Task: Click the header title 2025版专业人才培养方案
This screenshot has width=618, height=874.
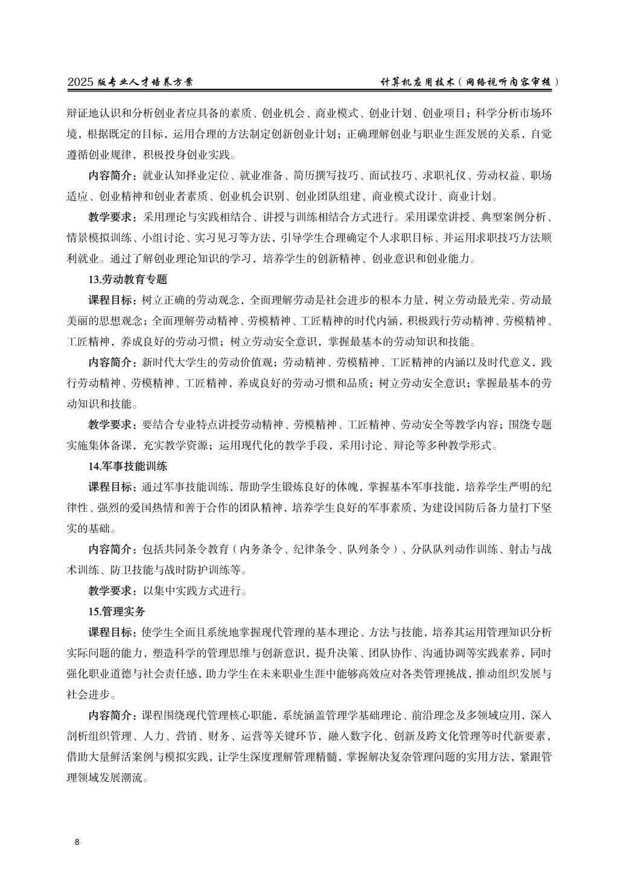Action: click(130, 82)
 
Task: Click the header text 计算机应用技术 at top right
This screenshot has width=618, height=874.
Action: click(415, 82)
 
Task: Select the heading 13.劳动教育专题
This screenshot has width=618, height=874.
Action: click(128, 279)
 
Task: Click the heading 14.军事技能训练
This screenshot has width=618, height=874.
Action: click(128, 466)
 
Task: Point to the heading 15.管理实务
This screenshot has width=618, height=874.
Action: click(117, 611)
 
